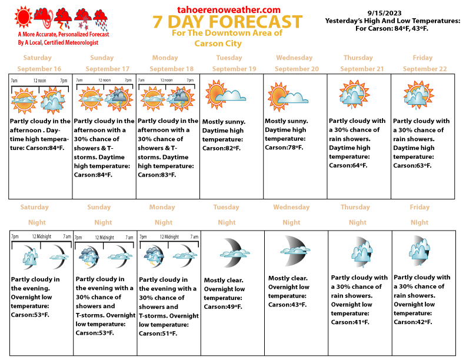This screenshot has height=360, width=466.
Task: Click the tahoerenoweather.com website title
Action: click(x=229, y=9)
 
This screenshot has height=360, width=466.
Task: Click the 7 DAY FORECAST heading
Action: click(x=227, y=22)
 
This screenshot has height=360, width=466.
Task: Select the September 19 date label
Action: click(x=234, y=69)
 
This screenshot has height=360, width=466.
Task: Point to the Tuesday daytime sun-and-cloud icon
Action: click(x=224, y=94)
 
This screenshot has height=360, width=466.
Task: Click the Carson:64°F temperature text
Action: click(x=349, y=165)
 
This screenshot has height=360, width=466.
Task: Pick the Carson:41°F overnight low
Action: click(x=350, y=322)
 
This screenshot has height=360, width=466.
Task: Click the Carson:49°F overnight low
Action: click(x=223, y=306)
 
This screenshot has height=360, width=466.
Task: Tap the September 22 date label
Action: click(x=425, y=69)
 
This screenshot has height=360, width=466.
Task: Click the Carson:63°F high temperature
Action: click(x=412, y=165)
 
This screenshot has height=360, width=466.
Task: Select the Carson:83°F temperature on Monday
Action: click(x=158, y=175)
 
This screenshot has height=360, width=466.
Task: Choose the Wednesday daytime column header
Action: click(x=294, y=58)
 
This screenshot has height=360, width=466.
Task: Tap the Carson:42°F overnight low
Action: click(x=412, y=322)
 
